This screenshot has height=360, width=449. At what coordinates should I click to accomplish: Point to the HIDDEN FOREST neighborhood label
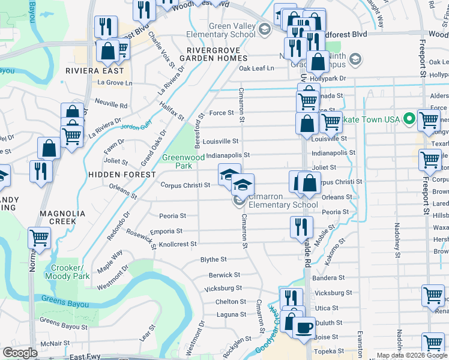pyautogui.click(x=122, y=174)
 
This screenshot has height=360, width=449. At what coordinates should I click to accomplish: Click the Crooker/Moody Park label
pyautogui.click(x=71, y=272)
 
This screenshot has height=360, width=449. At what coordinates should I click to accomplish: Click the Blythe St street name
pyautogui.click(x=213, y=260)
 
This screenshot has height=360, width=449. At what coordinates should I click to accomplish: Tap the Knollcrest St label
pyautogui.click(x=177, y=244)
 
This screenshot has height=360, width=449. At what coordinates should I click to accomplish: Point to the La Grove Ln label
pyautogui.click(x=115, y=83)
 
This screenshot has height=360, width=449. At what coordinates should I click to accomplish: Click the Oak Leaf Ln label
pyautogui.click(x=256, y=68)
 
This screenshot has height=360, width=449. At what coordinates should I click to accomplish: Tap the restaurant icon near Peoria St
pyautogui.click(x=301, y=226)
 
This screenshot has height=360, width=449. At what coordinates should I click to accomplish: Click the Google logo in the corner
pyautogui.click(x=20, y=353)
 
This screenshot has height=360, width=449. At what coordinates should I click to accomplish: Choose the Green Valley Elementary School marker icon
pyautogui.click(x=265, y=28)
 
